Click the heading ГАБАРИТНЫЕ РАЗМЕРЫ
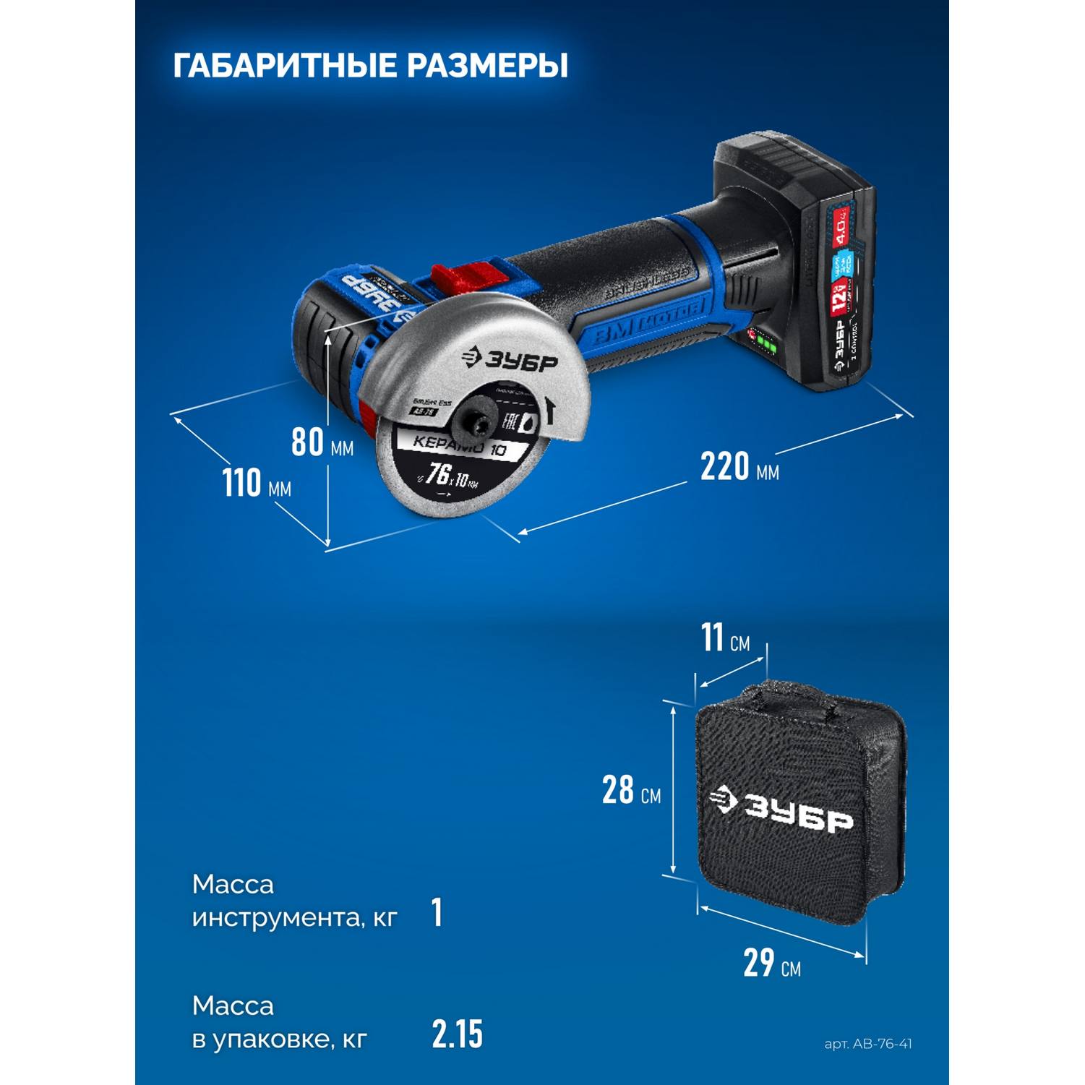[x=370, y=65]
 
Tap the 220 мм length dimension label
[x=739, y=466]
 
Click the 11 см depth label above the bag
[x=725, y=638]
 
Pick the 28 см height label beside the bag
[x=631, y=790]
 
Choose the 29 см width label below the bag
[x=771, y=963]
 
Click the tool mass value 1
[x=437, y=912]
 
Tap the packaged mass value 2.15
[x=457, y=1034]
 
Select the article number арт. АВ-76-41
[x=867, y=1044]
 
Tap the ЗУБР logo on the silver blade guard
[x=510, y=360]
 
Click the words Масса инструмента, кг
[x=294, y=901]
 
